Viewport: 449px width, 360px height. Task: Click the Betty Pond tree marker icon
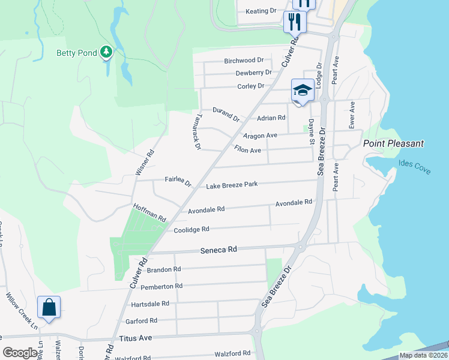point(107,53)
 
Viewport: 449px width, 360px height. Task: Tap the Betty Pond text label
point(77,53)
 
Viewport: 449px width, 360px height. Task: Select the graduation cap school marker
point(303,91)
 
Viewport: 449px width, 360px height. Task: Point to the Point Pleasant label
point(393,143)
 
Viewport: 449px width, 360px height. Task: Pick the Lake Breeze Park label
point(232,185)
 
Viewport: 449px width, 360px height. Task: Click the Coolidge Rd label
point(191,229)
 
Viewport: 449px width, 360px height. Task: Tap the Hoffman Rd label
point(149,213)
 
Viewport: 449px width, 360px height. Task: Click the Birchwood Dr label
point(244,61)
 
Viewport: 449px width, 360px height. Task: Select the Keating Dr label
point(261,11)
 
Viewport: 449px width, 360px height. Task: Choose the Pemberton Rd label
point(161,287)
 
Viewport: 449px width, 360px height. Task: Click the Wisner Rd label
point(145,163)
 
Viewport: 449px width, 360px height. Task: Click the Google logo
point(20,353)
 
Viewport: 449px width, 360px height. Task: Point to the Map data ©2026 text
point(423,355)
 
